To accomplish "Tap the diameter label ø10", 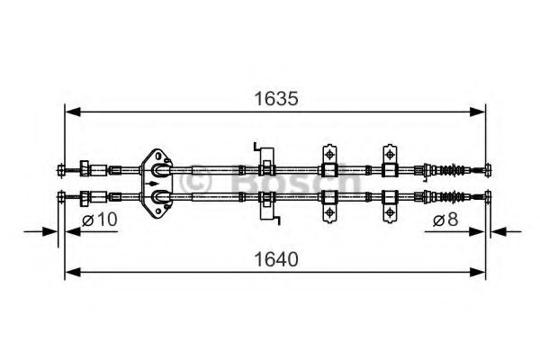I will [x=100, y=220].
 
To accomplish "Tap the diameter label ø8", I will [x=444, y=220].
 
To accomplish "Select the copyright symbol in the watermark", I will [x=197, y=182].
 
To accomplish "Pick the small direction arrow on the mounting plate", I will [x=145, y=183].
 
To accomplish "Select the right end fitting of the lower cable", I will [x=487, y=197].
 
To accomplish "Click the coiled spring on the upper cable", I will [x=459, y=168].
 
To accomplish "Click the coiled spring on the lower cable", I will [x=459, y=197].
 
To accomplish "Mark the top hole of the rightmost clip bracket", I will [x=391, y=149].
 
